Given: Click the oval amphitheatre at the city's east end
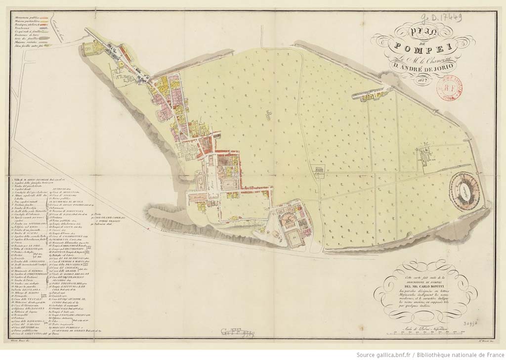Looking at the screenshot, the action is point(467,191).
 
